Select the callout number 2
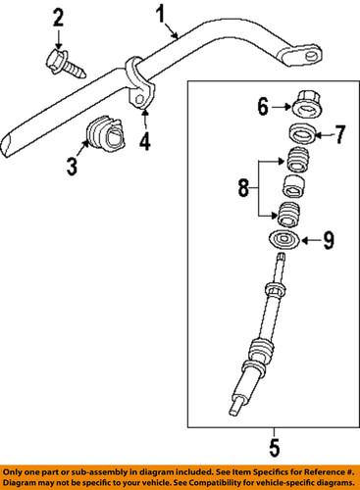[58, 17]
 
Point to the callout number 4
[146, 145]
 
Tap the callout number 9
[329, 237]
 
